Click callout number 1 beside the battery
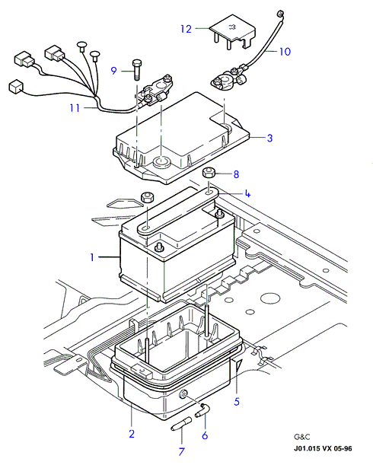pos(92,257)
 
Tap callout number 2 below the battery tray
pos(132,434)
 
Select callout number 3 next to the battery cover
pos(269,138)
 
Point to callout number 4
pos(247,193)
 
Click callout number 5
pos(237,402)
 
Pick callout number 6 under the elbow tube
pos(205,435)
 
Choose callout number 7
pos(181,451)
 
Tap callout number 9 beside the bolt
pos(113,71)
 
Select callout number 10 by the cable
pos(285,52)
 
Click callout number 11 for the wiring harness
pos(75,107)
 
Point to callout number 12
pos(186,29)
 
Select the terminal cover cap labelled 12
pos(233,32)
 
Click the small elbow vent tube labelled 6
pos(203,410)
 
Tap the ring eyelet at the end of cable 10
pos(279,14)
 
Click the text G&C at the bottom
pos(301,437)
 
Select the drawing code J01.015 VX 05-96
pos(323,448)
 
